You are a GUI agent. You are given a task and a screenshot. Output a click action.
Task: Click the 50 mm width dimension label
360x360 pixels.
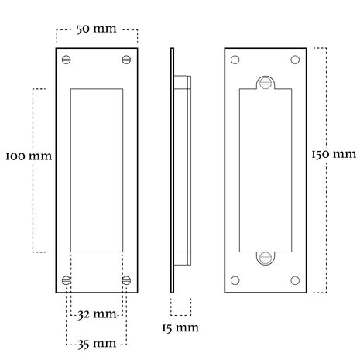pos(97,29)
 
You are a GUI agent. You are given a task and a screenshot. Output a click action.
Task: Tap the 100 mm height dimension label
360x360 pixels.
pos(29,156)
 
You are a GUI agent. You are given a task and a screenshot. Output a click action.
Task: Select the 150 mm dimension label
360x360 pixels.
pos(334,154)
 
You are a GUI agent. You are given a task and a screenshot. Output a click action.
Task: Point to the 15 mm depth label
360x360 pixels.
pos(180,328)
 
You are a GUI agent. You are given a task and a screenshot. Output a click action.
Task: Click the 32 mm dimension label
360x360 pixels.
pos(97,314)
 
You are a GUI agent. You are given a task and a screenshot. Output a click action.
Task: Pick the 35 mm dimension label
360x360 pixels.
pos(97,344)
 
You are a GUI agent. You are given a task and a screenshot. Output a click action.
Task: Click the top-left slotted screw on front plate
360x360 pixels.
pos(67,60)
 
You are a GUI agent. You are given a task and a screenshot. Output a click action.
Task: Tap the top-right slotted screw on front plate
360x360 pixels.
pos(126,60)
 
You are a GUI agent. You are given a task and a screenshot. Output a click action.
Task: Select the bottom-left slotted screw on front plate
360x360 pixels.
pos(67,280)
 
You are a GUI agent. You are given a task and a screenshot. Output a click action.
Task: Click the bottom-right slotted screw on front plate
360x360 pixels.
pos(126,280)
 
